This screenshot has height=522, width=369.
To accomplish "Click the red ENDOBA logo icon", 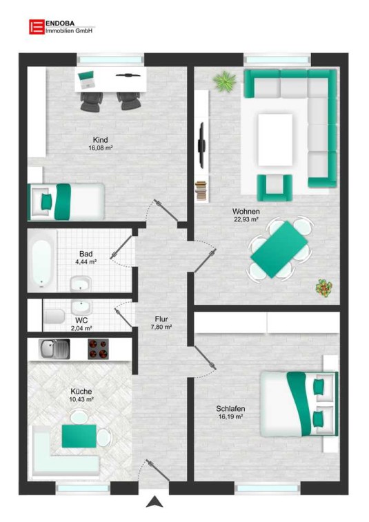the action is click(37, 27).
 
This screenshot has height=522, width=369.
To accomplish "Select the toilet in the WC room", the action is click(54, 316).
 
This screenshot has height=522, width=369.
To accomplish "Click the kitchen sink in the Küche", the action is click(54, 349).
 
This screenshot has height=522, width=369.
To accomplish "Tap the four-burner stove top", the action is click(98, 349).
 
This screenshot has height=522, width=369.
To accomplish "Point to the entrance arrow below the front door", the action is click(154, 502).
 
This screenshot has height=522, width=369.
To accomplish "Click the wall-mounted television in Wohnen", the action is click(201, 145).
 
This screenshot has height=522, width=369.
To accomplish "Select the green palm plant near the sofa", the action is click(224, 81).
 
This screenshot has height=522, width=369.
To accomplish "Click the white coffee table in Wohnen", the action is click(275, 139).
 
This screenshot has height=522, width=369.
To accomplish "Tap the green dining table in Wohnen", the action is click(279, 250).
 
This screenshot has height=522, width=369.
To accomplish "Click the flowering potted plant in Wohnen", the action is click(324, 288).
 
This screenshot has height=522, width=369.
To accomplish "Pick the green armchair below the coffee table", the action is click(275, 188).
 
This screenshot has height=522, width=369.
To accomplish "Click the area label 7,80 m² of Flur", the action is click(161, 328).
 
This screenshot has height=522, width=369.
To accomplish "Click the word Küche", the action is click(81, 392).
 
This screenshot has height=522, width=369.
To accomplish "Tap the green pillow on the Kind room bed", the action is click(47, 201).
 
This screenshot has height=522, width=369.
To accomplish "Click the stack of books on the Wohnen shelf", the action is click(201, 190).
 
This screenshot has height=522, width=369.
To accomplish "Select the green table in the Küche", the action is click(79, 436).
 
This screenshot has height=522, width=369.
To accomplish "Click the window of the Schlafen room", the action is click(268, 489).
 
